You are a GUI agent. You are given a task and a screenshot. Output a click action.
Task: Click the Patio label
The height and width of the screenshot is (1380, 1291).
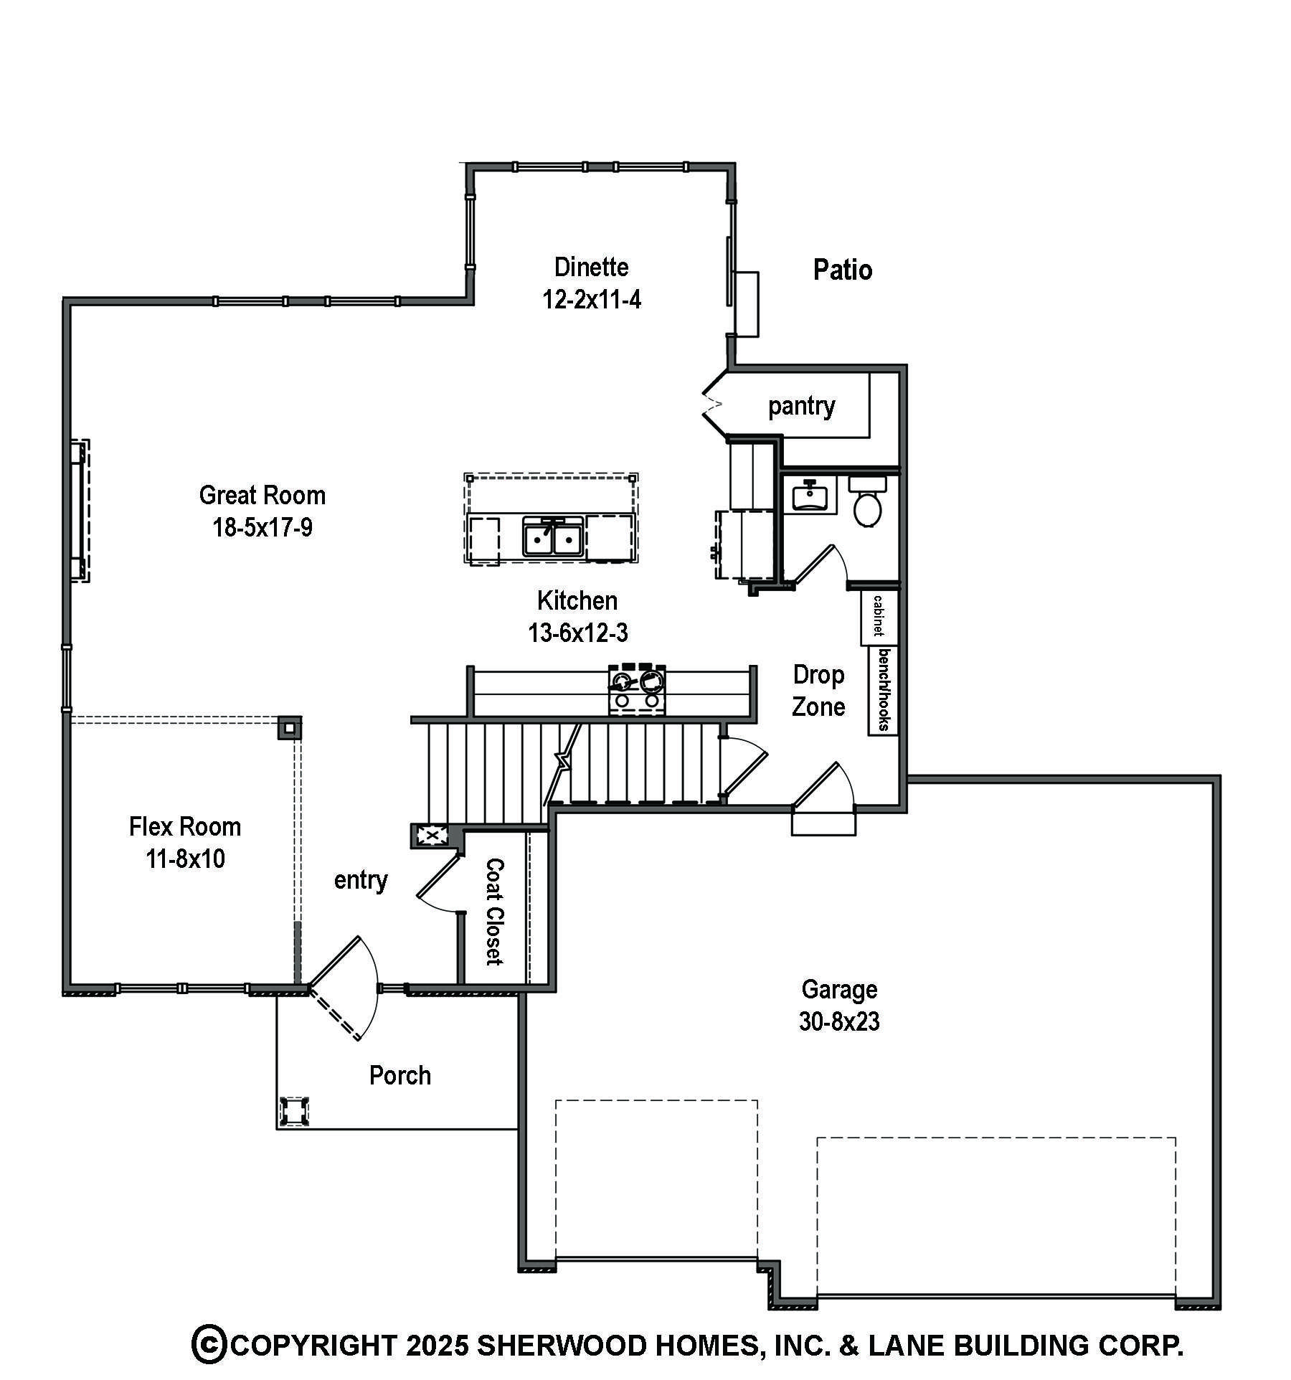pyautogui.click(x=842, y=270)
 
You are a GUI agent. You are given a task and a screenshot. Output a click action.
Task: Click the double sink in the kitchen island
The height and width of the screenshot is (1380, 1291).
pyautogui.click(x=552, y=537)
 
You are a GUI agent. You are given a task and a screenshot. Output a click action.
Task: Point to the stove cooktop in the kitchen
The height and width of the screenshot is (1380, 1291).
pyautogui.click(x=637, y=689)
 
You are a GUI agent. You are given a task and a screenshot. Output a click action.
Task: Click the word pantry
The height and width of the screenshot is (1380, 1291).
pyautogui.click(x=801, y=407)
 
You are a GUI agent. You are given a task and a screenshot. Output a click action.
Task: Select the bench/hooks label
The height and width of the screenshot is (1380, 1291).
pyautogui.click(x=884, y=689)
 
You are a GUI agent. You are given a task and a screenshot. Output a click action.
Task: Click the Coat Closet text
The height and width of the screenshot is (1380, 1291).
pyautogui.click(x=494, y=912)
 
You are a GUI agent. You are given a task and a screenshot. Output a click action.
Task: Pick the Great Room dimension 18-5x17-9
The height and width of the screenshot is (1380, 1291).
pyautogui.click(x=263, y=528)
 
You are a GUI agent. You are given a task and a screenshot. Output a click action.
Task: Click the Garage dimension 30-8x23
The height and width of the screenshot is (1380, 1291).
pyautogui.click(x=839, y=1021)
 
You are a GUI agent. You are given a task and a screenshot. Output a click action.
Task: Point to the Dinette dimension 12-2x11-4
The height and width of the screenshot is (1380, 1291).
pyautogui.click(x=591, y=299)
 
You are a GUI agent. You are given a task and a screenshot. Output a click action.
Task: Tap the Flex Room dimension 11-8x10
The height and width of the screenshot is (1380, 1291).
pyautogui.click(x=185, y=859)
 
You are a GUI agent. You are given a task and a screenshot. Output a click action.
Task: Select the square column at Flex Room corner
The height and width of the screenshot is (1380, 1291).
pyautogui.click(x=289, y=728)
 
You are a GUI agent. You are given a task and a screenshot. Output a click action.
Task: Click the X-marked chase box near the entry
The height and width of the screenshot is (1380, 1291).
pyautogui.click(x=431, y=836)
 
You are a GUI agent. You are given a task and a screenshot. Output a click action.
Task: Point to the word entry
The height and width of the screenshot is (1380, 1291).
pyautogui.click(x=361, y=879)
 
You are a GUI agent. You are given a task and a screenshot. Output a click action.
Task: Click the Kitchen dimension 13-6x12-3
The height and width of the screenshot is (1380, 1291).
pyautogui.click(x=577, y=633)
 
